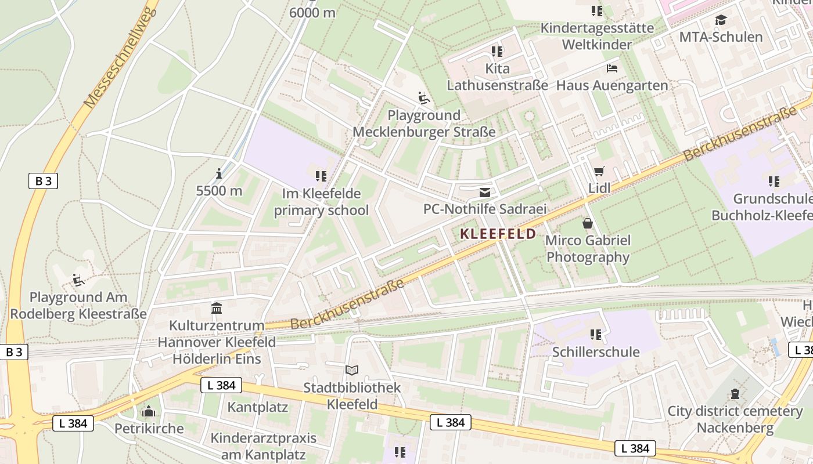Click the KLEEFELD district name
coord(498,234)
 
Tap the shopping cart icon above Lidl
coord(599,171)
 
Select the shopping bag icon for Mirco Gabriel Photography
coord(588,223)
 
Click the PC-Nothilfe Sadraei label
coord(485,209)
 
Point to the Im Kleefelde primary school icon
coord(321,176)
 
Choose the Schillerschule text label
coord(596,352)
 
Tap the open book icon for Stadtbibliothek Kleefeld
coord(352,370)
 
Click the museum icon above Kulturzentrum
coord(217,308)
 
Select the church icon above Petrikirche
coord(149,411)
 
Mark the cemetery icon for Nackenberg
coord(735,394)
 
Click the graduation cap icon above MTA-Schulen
coord(721,20)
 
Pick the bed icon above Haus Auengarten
coord(612,68)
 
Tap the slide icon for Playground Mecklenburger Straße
coord(424,98)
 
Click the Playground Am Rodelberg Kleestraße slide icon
coord(78,280)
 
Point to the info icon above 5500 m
coord(219,173)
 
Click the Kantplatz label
coord(257,407)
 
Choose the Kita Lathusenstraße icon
coord(497,52)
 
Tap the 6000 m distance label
coord(312,12)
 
